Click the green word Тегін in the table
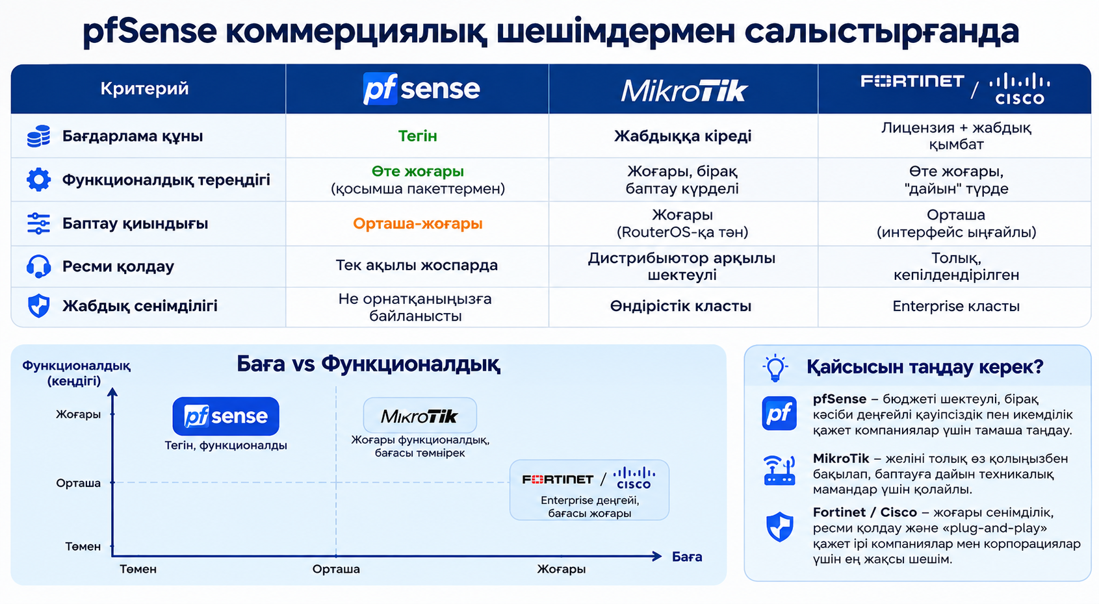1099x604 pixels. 417,136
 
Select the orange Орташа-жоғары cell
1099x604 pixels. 417,223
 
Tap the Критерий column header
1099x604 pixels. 144,89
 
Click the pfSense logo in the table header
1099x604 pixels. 421,89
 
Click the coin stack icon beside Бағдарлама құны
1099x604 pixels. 39,136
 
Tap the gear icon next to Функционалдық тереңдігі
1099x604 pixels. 39,179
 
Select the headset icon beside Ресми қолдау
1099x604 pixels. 39,266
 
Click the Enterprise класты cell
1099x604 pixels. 956,307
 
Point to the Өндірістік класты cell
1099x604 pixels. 680,307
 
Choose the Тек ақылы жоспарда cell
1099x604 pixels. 417,265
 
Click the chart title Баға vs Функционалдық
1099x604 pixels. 368,364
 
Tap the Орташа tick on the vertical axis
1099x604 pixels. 79,483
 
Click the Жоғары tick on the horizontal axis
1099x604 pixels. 562,569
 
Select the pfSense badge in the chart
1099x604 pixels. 226,416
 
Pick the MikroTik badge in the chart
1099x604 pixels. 419,416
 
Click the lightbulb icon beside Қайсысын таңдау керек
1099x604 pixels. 775,368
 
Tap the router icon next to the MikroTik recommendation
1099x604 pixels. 779,471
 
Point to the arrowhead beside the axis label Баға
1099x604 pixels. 657,556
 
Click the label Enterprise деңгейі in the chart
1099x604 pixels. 589,501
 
